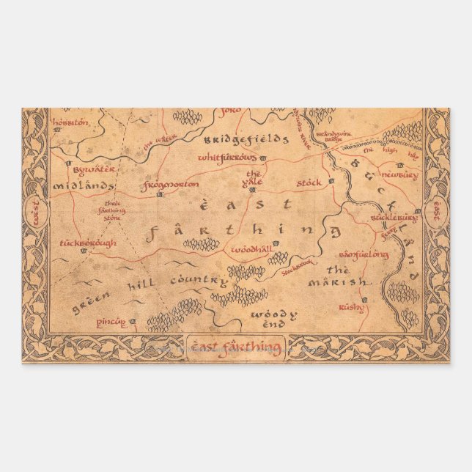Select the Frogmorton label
coord(172,185)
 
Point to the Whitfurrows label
coord(227,158)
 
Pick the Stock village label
coord(309,181)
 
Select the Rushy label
coord(351,308)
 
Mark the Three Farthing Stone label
coord(114,211)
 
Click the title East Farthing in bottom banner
coord(236,347)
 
